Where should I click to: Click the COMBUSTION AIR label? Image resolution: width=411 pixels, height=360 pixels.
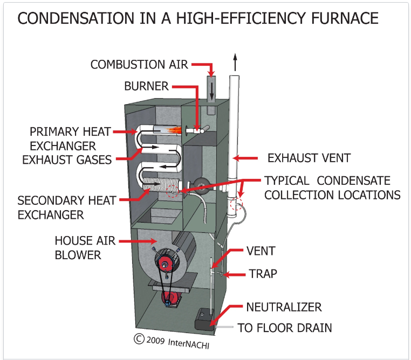tap(139, 64)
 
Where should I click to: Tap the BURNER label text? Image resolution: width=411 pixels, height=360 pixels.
tap(147, 86)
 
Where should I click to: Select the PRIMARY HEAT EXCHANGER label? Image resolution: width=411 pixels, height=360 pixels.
tap(70, 139)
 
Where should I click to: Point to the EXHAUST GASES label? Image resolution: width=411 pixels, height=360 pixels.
tap(66, 159)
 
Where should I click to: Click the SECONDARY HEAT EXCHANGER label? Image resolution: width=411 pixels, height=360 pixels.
tap(66, 207)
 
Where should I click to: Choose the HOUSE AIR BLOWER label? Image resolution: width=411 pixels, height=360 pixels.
tap(85, 247)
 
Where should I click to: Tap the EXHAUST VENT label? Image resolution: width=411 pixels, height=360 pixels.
tap(309, 158)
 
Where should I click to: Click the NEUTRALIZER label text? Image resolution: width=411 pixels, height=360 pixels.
tap(284, 307)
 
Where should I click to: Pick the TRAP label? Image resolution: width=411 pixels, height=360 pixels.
tap(263, 274)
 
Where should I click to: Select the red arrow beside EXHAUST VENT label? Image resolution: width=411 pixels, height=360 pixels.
tap(250, 158)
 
